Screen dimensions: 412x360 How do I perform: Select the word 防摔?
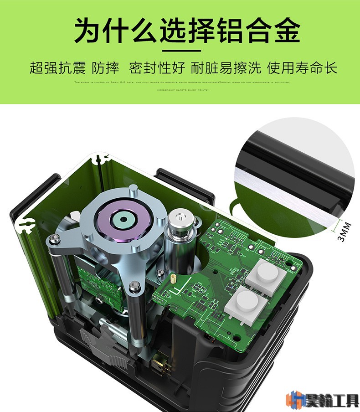(105, 68)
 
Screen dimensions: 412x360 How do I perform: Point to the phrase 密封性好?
(157, 68)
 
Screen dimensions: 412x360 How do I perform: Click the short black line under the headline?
(180, 50)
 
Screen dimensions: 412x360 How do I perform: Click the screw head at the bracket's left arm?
(54, 237)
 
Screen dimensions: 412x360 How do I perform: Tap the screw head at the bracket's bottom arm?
(134, 286)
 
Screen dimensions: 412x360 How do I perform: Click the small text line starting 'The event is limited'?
(180, 83)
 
